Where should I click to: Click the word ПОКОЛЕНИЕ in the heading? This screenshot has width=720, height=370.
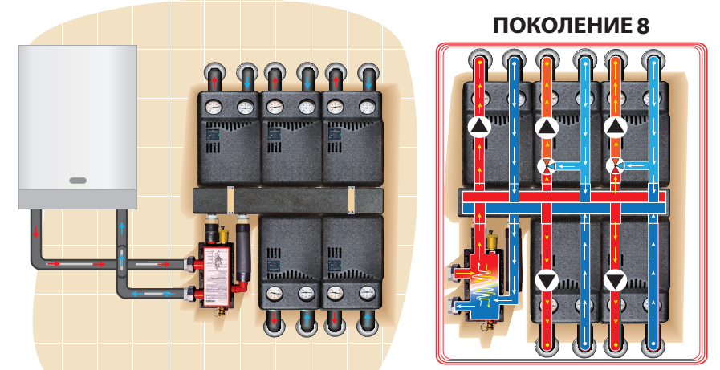(x=562, y=24)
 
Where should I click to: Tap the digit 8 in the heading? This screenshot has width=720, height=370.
(x=642, y=24)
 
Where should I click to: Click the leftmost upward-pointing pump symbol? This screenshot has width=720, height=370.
(x=479, y=127)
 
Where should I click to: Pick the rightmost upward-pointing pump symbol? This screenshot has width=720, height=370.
(x=616, y=127)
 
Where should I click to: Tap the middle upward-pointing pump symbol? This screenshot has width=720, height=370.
(x=547, y=127)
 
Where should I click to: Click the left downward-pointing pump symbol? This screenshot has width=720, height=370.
(x=547, y=281)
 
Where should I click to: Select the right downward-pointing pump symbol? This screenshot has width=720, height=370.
(x=616, y=281)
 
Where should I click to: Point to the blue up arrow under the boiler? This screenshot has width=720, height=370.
(x=121, y=228)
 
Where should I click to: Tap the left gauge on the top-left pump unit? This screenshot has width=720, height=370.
(x=214, y=105)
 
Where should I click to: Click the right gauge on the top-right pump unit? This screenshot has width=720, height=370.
(x=368, y=105)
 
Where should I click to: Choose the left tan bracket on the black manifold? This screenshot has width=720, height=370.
(x=230, y=197)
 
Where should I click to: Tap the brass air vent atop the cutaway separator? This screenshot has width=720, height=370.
(x=490, y=239)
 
